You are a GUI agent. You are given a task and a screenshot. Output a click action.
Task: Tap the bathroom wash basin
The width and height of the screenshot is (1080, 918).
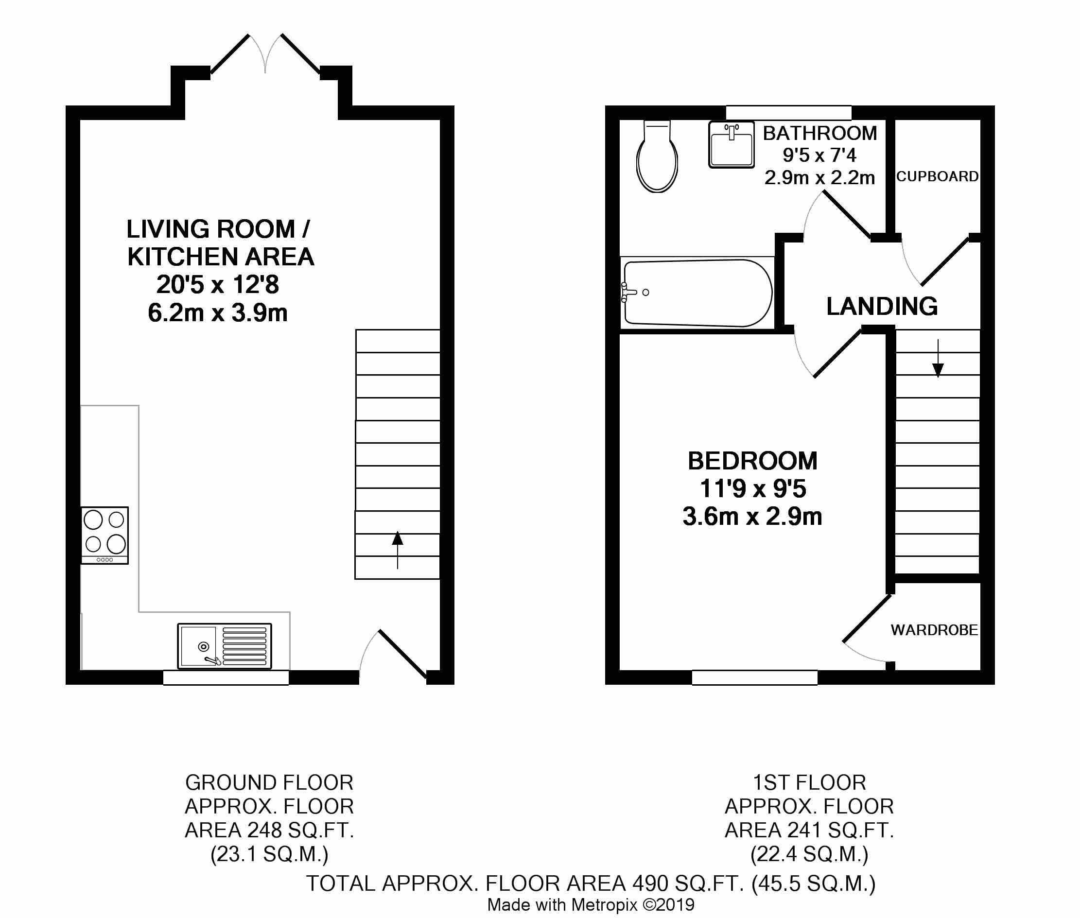(732, 144)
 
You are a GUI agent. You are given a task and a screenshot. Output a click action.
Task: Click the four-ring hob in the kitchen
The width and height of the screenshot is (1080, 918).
(105, 535)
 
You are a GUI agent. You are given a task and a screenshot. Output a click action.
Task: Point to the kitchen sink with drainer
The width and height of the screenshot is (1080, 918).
(225, 646)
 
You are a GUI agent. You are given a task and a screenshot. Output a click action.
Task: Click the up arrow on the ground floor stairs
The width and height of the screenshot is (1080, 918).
(398, 549)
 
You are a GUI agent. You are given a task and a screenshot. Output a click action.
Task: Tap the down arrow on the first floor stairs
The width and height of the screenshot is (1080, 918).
(938, 359)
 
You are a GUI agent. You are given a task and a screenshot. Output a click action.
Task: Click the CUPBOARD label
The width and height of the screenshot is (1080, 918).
(937, 176)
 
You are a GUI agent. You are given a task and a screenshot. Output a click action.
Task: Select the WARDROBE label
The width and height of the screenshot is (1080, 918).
(934, 630)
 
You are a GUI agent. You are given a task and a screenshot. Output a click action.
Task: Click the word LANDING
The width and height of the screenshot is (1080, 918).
(882, 306)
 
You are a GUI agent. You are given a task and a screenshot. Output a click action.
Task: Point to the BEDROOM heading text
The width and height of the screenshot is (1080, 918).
(752, 461)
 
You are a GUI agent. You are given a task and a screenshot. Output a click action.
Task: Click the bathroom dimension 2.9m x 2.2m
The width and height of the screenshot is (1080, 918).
(819, 178)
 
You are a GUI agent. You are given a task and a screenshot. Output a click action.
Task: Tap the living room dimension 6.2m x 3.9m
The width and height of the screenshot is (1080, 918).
(218, 313)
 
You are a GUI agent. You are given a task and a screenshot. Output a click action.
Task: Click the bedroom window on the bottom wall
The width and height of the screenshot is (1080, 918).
(754, 676)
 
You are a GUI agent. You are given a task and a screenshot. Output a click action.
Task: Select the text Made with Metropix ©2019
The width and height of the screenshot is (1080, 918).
(590, 904)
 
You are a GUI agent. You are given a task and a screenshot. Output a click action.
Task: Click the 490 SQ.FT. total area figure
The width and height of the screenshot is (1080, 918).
(687, 883)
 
